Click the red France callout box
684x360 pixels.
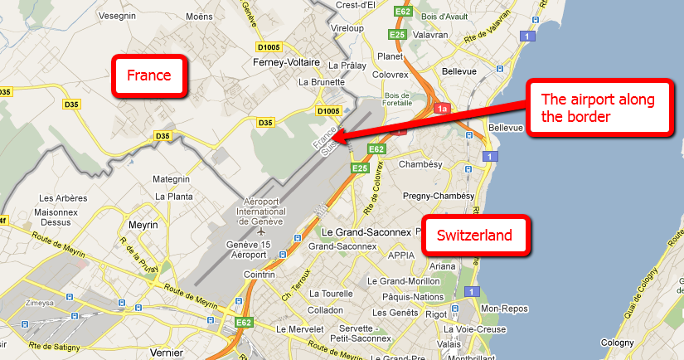tap(149, 77)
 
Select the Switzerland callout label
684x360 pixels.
tap(475, 236)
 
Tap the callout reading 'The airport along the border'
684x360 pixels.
tap(598, 109)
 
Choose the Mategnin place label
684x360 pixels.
tap(172, 179)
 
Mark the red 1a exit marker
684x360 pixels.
tap(443, 109)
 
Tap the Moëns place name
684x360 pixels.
tap(200, 15)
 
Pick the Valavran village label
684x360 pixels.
tap(431, 35)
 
